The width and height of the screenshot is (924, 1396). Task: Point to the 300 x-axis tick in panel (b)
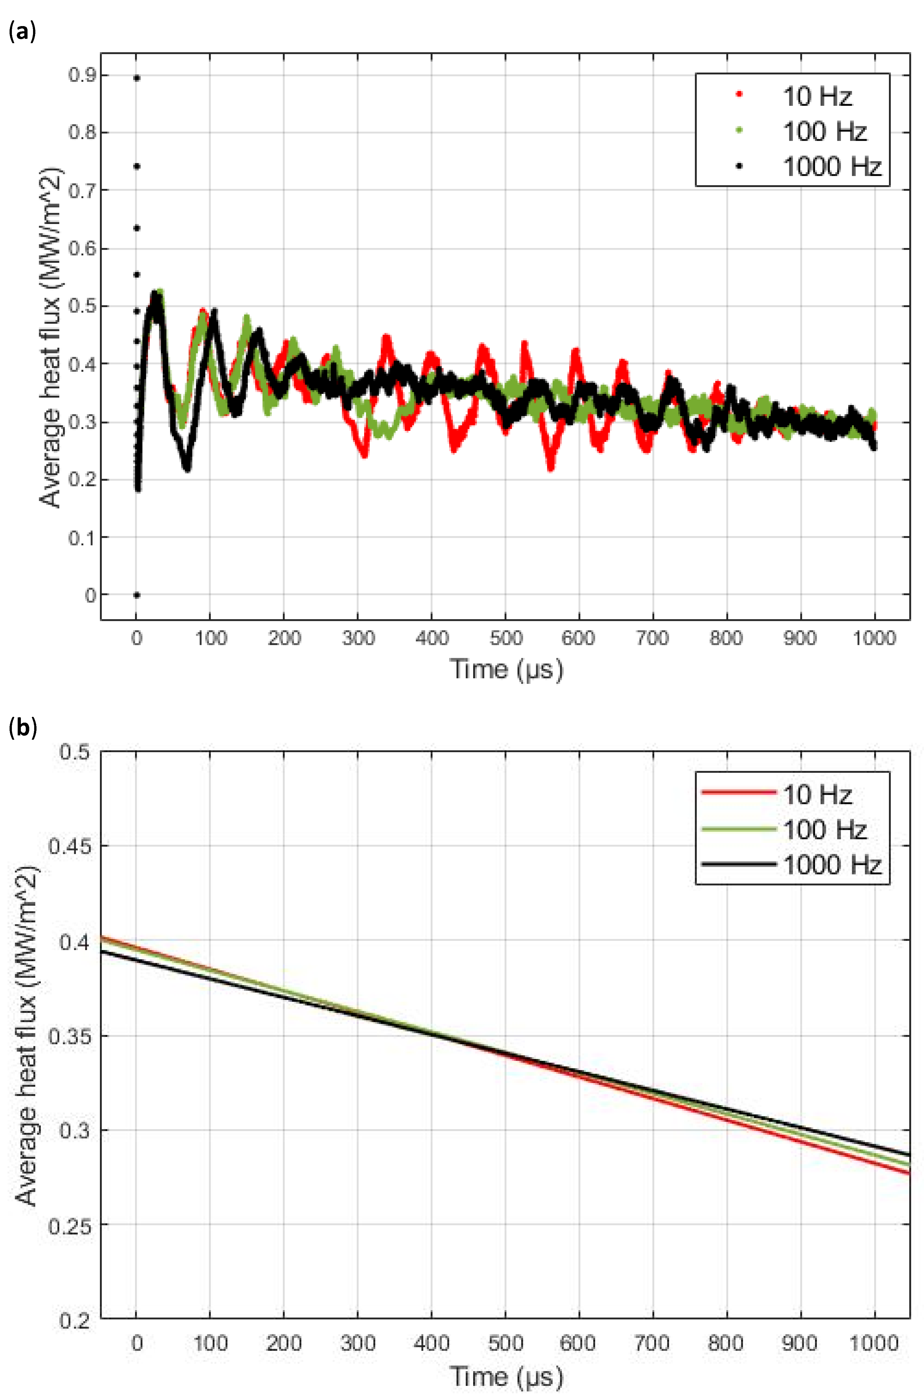point(358,1343)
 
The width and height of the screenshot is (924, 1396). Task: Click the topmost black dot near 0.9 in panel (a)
point(137,78)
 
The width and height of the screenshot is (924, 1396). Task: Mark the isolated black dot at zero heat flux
point(137,595)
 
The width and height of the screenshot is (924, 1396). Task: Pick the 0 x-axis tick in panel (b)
point(137,1343)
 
